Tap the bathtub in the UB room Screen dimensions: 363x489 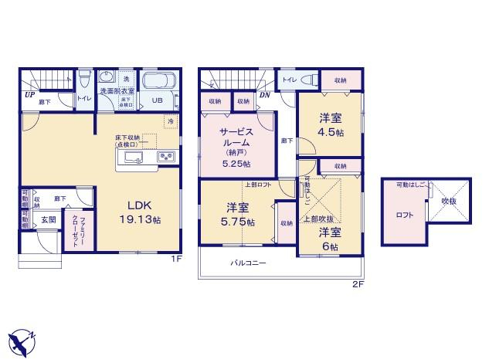159,82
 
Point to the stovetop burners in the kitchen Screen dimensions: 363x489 166,157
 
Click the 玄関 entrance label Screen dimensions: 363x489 49,219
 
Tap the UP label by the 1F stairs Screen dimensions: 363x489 29,96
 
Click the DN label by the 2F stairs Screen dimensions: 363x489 264,96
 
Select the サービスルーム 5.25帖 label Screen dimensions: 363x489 235,147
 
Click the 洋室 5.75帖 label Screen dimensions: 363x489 238,214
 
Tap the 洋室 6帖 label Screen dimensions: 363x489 331,237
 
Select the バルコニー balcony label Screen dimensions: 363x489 248,263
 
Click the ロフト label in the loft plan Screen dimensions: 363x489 404,215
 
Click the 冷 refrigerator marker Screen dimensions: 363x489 169,122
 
